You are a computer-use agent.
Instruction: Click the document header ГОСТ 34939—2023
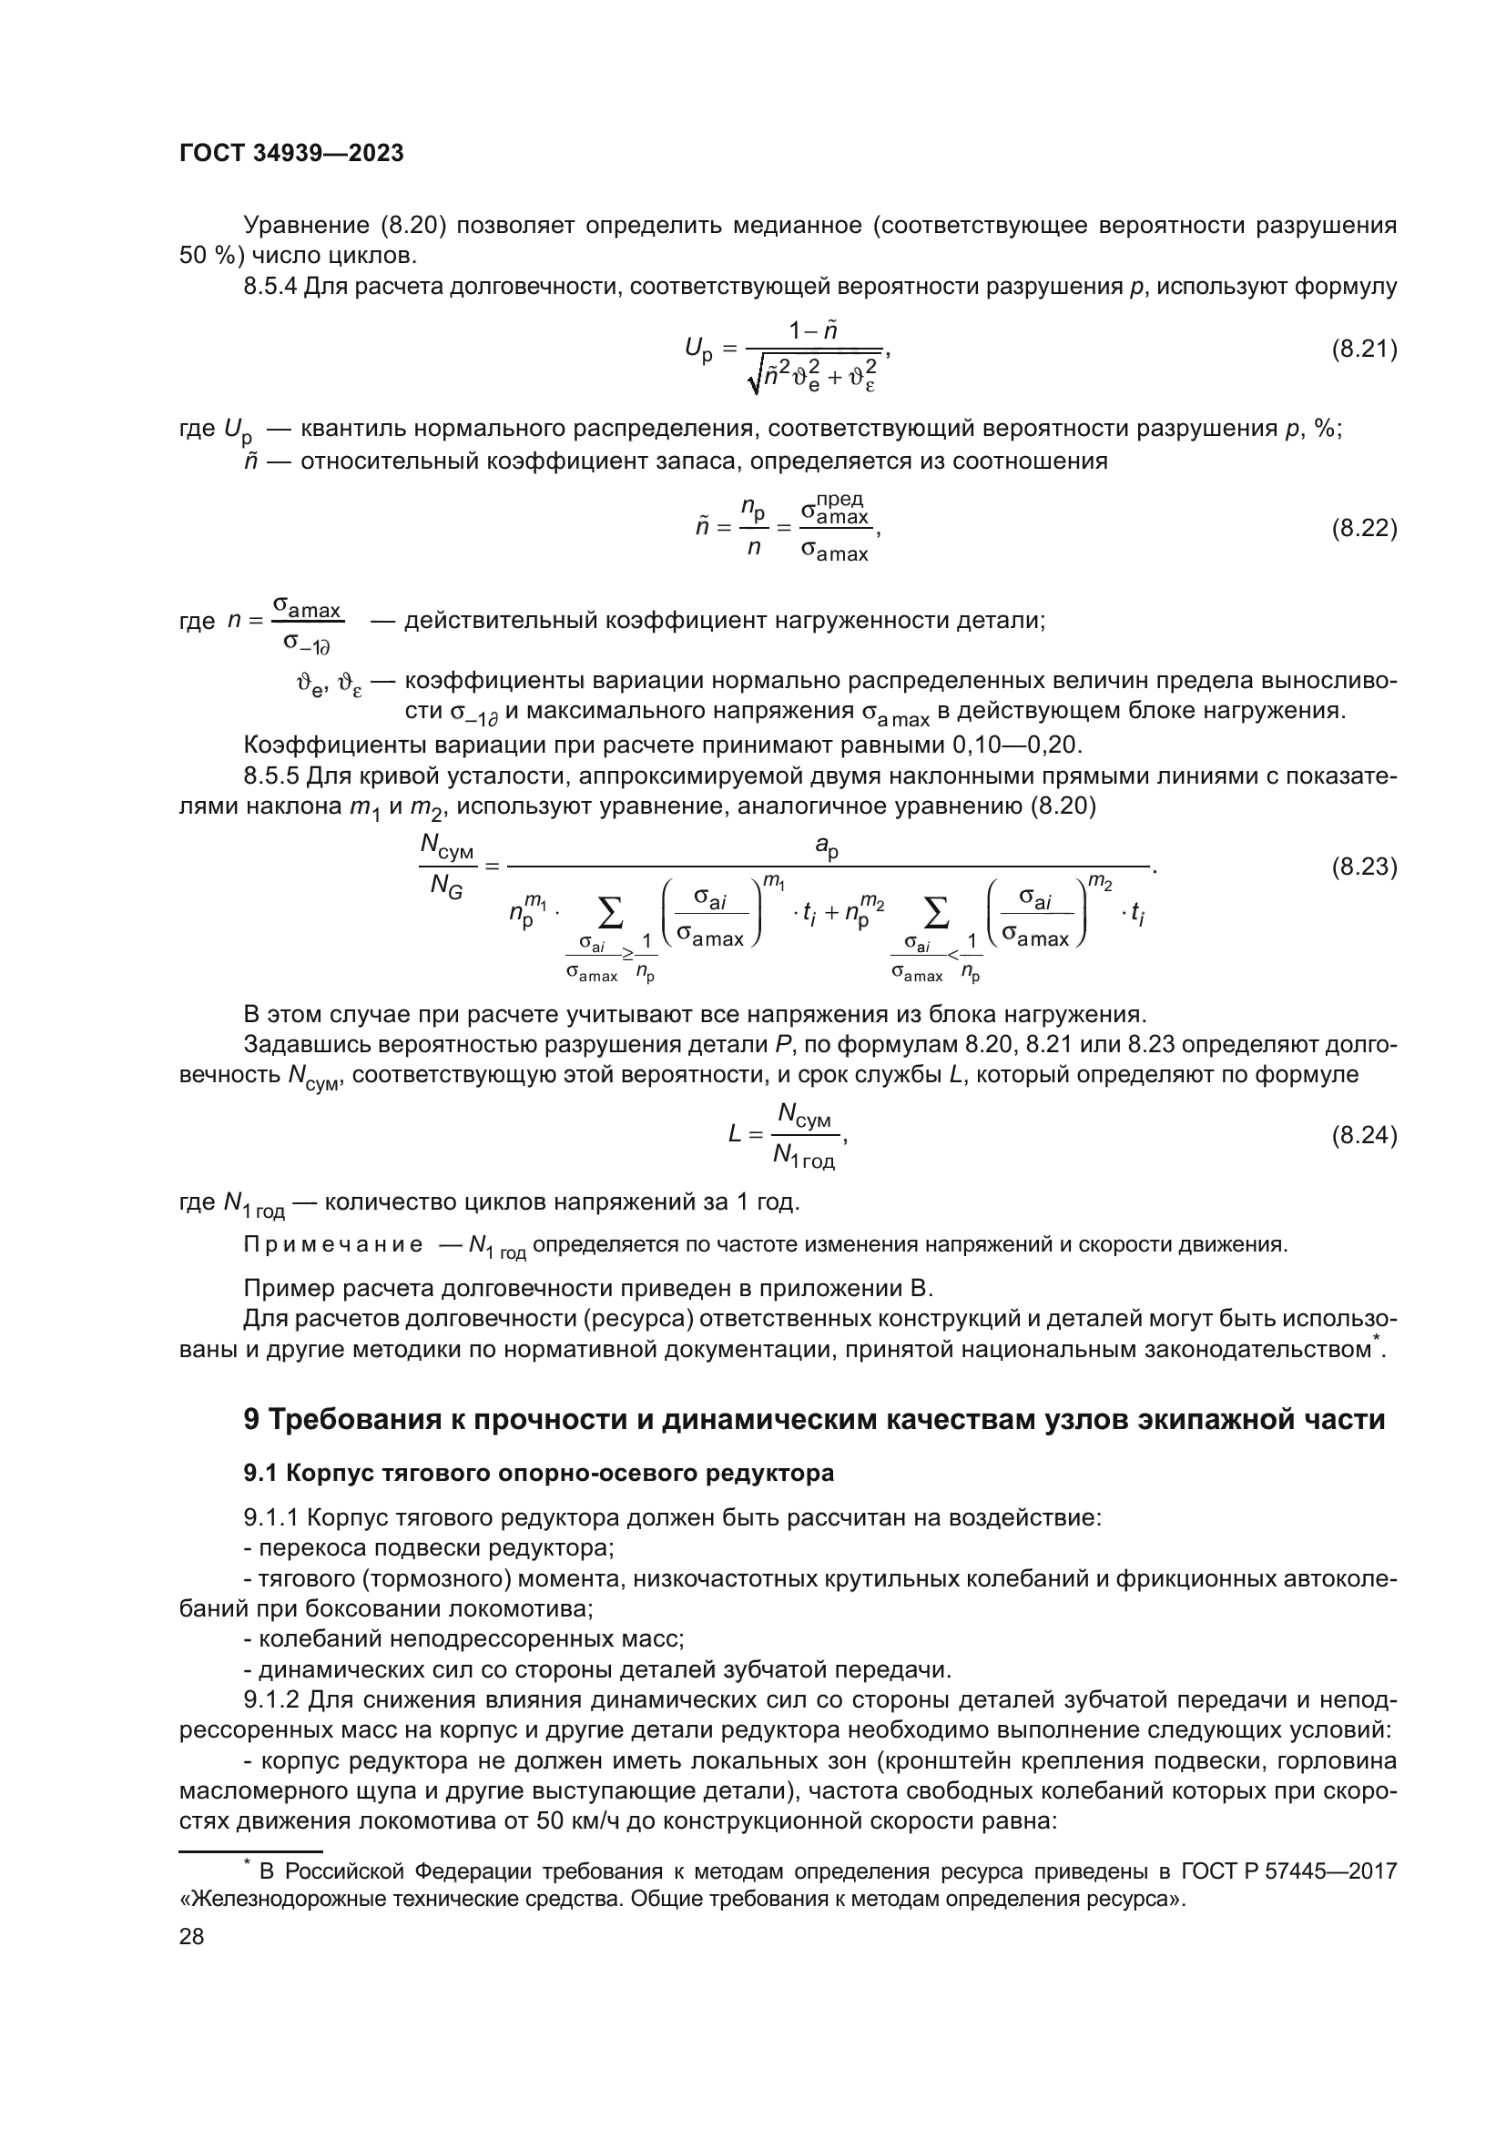click(x=291, y=154)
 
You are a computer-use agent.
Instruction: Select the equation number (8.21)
click(x=1363, y=350)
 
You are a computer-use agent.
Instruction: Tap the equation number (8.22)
click(x=1363, y=529)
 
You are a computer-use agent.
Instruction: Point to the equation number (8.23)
click(x=1363, y=867)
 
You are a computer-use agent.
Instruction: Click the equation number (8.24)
click(x=1363, y=1135)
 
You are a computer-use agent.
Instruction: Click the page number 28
click(x=191, y=1936)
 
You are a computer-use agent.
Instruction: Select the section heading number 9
click(x=251, y=1420)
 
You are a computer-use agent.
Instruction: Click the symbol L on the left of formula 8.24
click(x=736, y=1134)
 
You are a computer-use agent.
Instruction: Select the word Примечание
click(x=333, y=1244)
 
